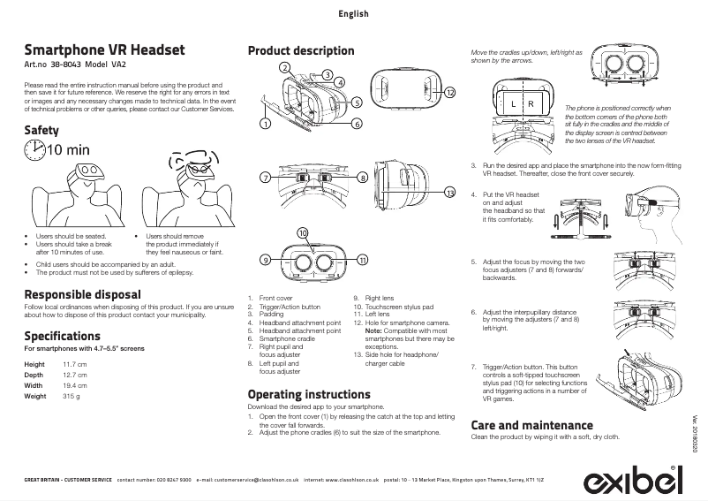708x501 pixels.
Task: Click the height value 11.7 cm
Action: click(74, 365)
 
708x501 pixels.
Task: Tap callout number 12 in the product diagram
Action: click(449, 93)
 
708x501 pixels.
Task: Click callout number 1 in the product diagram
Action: click(264, 123)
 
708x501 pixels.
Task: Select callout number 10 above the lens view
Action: click(304, 232)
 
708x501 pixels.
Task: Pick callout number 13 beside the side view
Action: click(449, 194)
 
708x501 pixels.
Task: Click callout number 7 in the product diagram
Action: click(264, 178)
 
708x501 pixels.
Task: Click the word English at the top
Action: click(353, 14)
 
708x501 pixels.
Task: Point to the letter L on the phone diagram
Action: click(513, 104)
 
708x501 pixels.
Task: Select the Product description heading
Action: click(301, 50)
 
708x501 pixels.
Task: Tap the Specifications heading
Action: click(62, 337)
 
